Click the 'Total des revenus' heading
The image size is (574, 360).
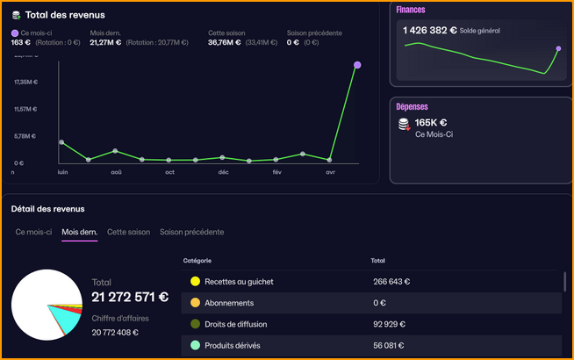click(66, 15)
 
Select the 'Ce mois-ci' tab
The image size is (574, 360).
click(34, 232)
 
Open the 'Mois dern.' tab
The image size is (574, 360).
click(79, 232)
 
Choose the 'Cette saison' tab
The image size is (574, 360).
click(128, 232)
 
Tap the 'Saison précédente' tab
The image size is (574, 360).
click(191, 232)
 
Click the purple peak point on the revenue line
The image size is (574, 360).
click(357, 65)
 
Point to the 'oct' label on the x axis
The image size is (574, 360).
click(169, 173)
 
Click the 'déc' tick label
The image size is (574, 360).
click(224, 173)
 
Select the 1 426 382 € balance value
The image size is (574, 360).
click(429, 30)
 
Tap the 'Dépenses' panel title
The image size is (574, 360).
click(413, 106)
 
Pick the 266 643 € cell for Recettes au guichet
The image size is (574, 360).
click(391, 282)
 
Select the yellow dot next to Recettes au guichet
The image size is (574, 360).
click(195, 282)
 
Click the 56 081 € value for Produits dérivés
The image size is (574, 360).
click(391, 345)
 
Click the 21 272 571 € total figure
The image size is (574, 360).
click(130, 298)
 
